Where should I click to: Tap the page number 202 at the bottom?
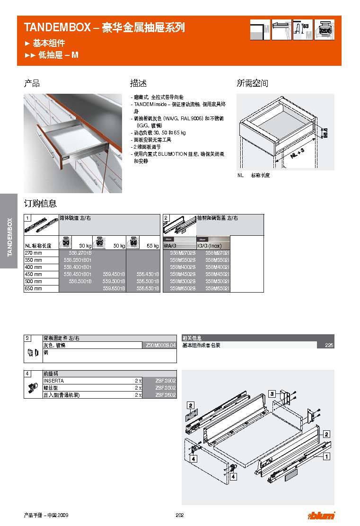(x=179, y=516)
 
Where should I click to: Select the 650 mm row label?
(x=33, y=288)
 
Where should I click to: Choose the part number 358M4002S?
(x=182, y=267)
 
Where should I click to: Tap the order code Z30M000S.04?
(x=158, y=346)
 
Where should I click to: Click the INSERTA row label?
(x=53, y=381)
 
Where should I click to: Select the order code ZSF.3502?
(x=166, y=388)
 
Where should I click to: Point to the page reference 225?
(x=329, y=346)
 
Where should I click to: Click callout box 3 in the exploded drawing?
(x=272, y=393)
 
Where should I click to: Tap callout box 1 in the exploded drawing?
(x=326, y=457)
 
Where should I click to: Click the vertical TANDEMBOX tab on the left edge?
(x=9, y=237)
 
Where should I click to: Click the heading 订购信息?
(x=41, y=204)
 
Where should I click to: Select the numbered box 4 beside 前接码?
(x=28, y=374)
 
